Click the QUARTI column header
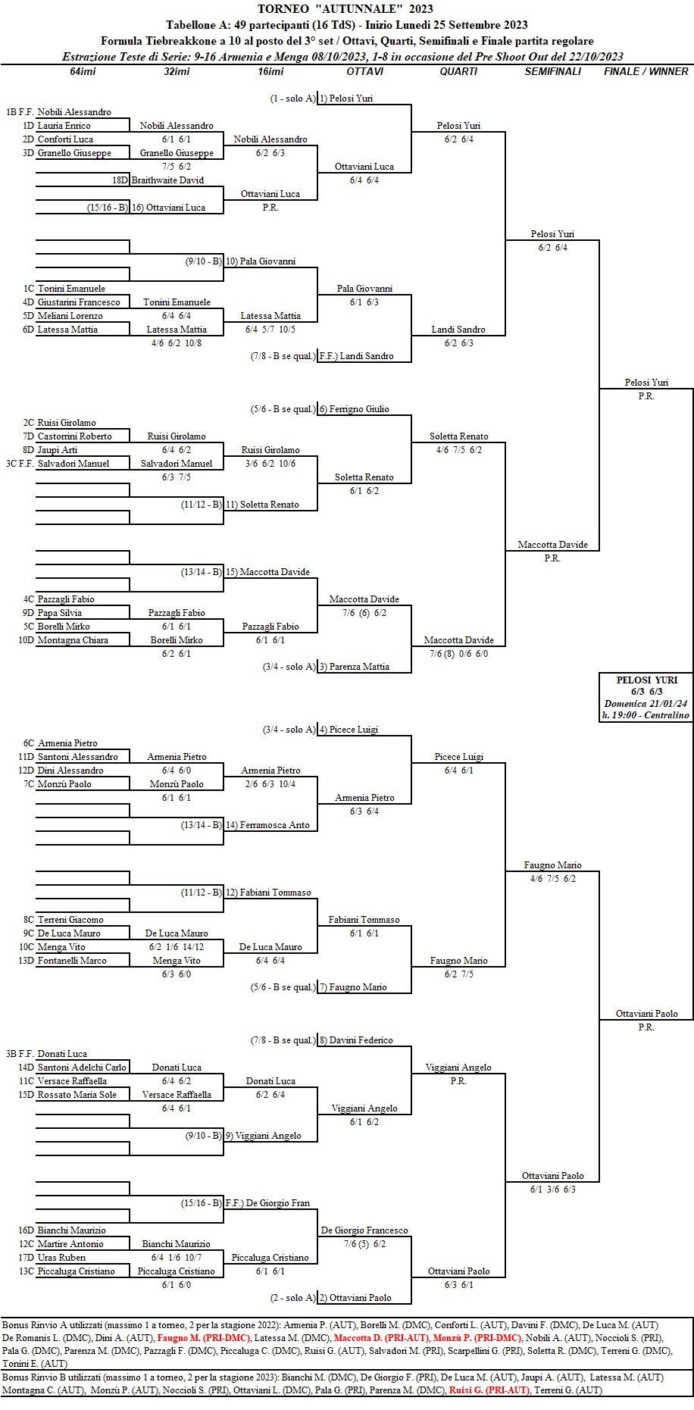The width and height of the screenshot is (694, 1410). [458, 71]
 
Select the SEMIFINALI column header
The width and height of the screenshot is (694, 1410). [553, 71]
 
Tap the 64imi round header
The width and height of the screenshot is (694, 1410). [83, 71]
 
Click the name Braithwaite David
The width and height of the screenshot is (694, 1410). [167, 180]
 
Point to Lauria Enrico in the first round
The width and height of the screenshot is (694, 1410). [64, 126]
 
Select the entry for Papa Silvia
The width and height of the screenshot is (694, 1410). [60, 613]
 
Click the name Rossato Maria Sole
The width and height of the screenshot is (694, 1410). [77, 1095]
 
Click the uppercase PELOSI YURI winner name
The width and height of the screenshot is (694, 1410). [646, 680]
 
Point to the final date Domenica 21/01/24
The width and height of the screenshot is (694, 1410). [646, 703]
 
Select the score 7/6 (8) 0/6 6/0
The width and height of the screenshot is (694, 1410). [458, 654]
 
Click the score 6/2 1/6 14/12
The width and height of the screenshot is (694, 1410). [177, 947]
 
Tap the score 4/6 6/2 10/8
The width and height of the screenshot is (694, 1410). [177, 342]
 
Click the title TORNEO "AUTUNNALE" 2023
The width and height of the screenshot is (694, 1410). [345, 9]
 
